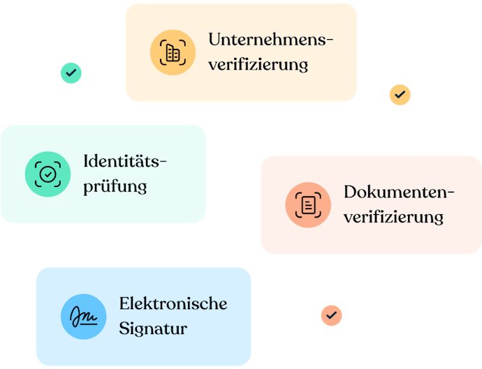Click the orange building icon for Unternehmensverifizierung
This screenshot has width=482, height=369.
click(173, 52)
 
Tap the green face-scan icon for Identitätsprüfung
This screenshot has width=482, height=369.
click(48, 174)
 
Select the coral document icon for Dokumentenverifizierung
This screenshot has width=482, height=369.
click(308, 204)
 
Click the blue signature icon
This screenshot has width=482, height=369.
click(84, 316)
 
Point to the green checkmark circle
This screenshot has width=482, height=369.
click(70, 73)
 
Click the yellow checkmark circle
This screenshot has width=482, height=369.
click(400, 93)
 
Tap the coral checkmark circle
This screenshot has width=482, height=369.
click(331, 315)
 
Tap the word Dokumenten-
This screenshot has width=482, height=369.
click(399, 192)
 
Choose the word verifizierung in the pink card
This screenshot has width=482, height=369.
click(393, 217)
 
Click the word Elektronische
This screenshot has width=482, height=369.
click(173, 303)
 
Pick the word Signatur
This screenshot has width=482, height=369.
click(153, 329)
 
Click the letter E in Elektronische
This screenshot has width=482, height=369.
click(124, 303)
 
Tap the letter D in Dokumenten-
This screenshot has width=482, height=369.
click(350, 192)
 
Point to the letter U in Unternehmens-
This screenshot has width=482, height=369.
click(215, 39)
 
